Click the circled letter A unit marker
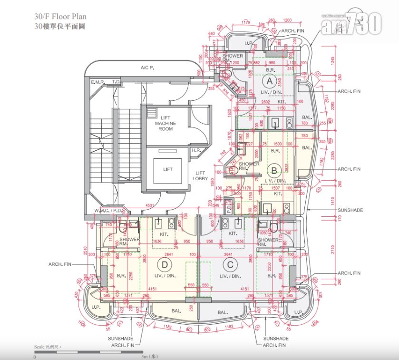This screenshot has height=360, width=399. (x=271, y=81)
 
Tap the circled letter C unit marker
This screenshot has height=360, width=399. (x=230, y=264)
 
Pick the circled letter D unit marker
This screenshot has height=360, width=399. (x=165, y=264)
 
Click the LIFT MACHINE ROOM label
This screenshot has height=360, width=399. (x=165, y=123)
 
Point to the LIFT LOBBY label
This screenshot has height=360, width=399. (x=200, y=175)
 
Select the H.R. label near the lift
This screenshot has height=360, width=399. (x=196, y=150)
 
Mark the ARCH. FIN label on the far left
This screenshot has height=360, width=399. (x=60, y=264)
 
